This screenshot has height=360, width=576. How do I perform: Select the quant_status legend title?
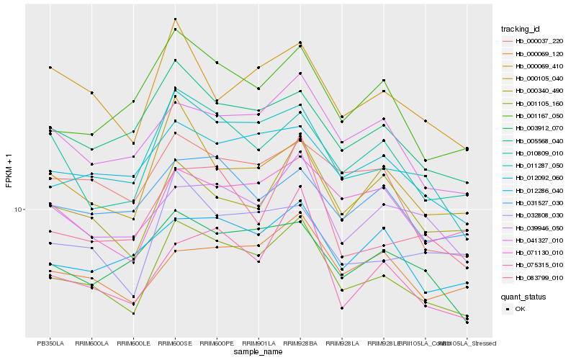point(523,296)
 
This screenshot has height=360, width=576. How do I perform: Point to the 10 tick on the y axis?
point(19,210)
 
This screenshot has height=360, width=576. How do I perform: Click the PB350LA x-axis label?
point(50,343)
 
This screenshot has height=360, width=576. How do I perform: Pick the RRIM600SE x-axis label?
point(175,343)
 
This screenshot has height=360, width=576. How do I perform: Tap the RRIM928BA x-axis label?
point(300,343)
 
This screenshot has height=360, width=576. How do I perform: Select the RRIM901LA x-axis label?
point(258,343)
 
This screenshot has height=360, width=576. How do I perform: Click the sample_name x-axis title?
point(258,352)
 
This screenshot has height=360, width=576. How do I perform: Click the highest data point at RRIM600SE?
point(175,19)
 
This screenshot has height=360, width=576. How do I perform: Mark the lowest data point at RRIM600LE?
point(133,313)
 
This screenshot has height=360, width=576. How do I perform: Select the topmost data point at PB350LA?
point(50,67)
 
